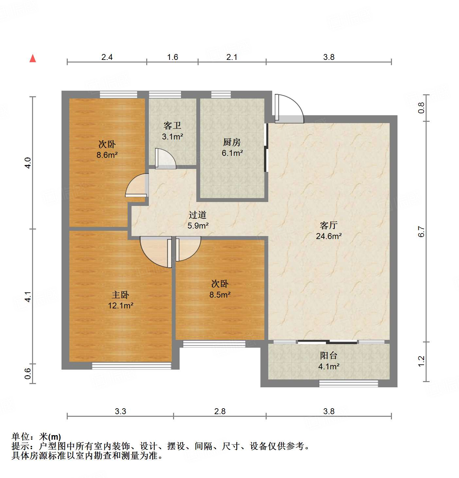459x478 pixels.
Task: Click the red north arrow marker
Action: [33, 59]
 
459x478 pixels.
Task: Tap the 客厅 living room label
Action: [328, 225]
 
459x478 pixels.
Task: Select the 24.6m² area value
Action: [329, 236]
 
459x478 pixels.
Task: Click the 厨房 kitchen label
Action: [232, 142]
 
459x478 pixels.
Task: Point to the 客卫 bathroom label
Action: [172, 126]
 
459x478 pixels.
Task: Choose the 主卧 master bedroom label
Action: [120, 295]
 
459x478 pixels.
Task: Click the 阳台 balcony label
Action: [328, 356]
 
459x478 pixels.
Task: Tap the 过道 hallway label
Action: [198, 215]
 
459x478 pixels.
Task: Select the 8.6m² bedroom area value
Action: [107, 155]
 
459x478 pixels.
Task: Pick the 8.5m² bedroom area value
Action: [220, 295]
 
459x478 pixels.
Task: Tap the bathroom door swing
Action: [165, 159]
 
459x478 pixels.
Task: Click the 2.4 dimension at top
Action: [107, 57]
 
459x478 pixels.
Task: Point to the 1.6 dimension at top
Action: [172, 57]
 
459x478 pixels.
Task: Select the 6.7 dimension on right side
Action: [421, 232]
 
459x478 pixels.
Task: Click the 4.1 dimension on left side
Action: [28, 297]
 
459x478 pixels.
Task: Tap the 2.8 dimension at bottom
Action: [220, 412]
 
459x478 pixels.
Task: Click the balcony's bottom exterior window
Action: [348, 383]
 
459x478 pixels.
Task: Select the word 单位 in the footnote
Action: [21, 437]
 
